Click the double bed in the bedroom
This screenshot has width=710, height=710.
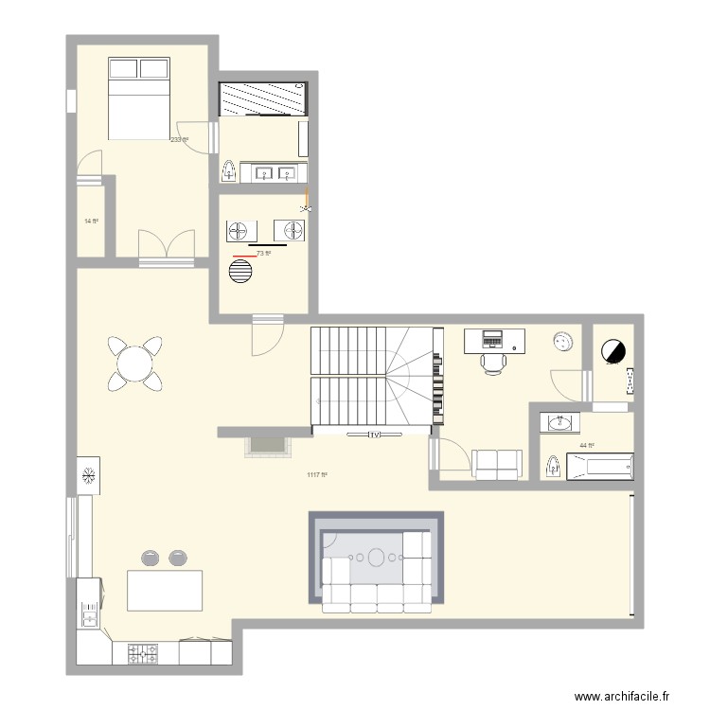coord(139,98)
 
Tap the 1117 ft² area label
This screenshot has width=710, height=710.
coord(317,475)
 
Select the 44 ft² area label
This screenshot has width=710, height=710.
coord(587,446)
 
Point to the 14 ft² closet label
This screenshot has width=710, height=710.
coord(91,222)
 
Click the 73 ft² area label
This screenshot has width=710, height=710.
coord(263,253)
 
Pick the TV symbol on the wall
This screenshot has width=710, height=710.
coord(375,435)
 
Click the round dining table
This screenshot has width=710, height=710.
coord(135,364)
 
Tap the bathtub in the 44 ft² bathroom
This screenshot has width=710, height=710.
coord(600,466)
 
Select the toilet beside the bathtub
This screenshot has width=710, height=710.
coord(552,466)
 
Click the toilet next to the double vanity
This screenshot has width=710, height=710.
coord(229,171)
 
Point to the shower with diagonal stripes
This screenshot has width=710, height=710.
coord(263,98)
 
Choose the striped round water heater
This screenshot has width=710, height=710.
coord(241,272)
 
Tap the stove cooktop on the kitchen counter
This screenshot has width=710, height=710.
coord(143,653)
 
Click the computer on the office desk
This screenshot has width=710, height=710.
coord(493,338)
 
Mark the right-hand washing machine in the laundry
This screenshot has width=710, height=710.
coord(290,231)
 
